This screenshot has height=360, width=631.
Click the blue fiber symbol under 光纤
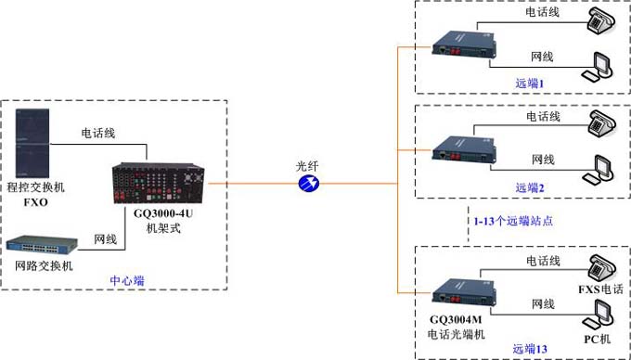pos(307,185)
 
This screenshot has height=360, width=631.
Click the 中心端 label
pos(127,279)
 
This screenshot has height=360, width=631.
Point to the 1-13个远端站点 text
pos(514,221)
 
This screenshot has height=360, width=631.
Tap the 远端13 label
pos(531,349)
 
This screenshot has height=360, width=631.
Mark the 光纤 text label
pos(307,165)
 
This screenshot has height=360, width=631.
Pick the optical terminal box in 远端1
pos(459,43)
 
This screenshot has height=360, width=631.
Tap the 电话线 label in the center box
pos(98,134)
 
